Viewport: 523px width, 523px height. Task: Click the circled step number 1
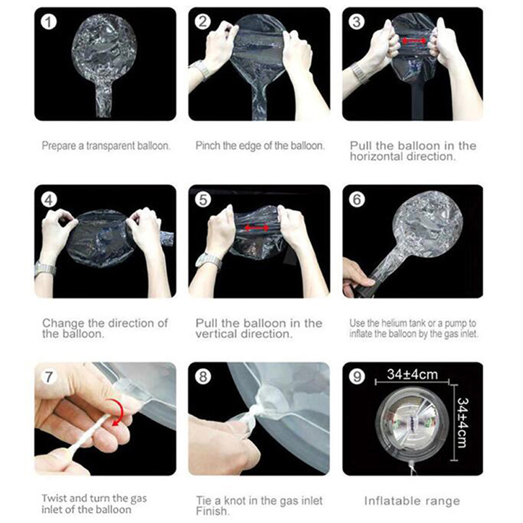tap(48, 22)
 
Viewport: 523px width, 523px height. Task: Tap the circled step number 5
tap(203, 200)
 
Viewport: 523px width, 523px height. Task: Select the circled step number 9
tap(357, 377)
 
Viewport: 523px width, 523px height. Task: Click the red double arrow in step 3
tap(414, 41)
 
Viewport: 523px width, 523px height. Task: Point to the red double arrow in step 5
tap(256, 228)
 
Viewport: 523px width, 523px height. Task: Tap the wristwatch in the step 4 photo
tap(45, 269)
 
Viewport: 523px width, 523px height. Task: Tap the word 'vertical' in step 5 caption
tap(216, 333)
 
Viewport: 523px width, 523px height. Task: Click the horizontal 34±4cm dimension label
tap(413, 375)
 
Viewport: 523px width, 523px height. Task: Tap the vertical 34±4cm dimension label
tap(462, 422)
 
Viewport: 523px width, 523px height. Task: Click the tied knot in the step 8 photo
tap(248, 411)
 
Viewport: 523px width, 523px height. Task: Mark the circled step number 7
tap(48, 377)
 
